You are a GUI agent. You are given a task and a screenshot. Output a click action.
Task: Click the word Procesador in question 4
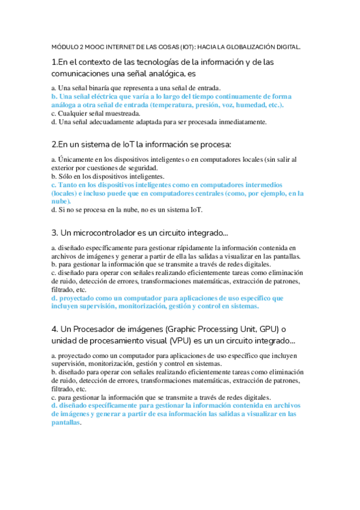[97, 329]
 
